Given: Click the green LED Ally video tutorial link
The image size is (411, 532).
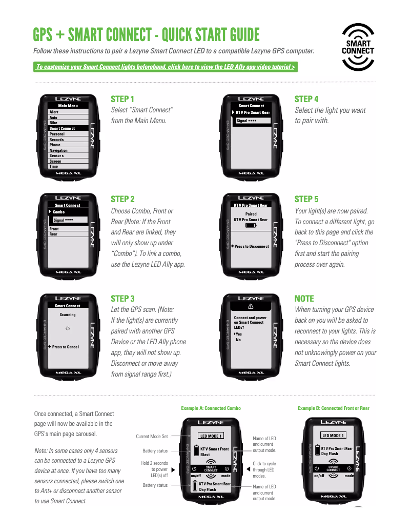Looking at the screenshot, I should [x=165, y=67].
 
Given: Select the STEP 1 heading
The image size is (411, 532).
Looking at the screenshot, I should [x=122, y=99].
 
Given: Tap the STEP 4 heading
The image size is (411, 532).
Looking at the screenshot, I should [x=306, y=99].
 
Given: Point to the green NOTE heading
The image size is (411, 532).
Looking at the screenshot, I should [x=304, y=299].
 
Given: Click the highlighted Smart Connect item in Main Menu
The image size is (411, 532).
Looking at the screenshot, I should [x=62, y=128].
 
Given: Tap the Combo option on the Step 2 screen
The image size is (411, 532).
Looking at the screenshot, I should [x=58, y=212].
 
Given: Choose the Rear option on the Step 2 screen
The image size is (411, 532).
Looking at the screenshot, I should [x=53, y=234].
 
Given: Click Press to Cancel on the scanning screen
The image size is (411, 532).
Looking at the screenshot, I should [x=65, y=347].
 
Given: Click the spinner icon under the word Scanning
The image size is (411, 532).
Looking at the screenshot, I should [x=68, y=327].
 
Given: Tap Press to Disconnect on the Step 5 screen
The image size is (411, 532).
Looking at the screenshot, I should [x=251, y=246].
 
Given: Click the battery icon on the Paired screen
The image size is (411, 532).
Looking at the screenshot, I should [x=251, y=225].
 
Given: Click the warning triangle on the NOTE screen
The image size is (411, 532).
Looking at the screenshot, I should [x=251, y=306].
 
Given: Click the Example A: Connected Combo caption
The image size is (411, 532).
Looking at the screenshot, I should [x=211, y=408].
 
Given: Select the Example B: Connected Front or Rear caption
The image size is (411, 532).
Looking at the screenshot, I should [x=333, y=408].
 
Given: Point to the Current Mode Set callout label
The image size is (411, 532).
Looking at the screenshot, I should [x=152, y=437].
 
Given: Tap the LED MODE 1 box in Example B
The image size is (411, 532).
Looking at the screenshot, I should [x=333, y=436].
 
